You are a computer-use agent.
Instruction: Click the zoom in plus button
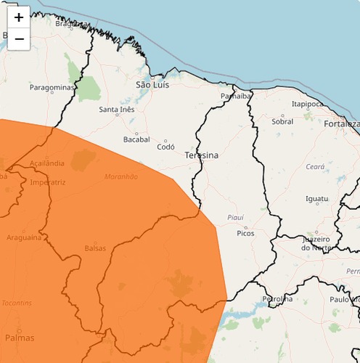pyautogui.click(x=19, y=17)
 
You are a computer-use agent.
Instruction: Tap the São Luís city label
pyautogui.click(x=152, y=85)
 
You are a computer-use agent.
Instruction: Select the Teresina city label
pyautogui.click(x=201, y=155)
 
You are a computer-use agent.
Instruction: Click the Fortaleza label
pyautogui.click(x=342, y=123)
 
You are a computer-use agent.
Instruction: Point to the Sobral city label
pyautogui.click(x=282, y=121)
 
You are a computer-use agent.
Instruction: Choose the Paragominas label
pyautogui.click(x=52, y=87)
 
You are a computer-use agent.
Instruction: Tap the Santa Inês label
pyautogui.click(x=117, y=110)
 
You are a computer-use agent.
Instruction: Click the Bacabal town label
pyautogui.click(x=136, y=139)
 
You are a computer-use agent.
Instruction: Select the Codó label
pyautogui.click(x=166, y=146)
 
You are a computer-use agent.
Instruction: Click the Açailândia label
pyautogui.click(x=47, y=163)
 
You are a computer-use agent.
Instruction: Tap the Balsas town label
pyautogui.click(x=95, y=248)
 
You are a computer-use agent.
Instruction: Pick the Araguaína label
pyautogui.click(x=24, y=237)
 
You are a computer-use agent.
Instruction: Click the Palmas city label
pyautogui.click(x=20, y=338)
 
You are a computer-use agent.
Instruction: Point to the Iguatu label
pyautogui.click(x=316, y=198)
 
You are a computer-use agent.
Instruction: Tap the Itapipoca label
pyautogui.click(x=307, y=104)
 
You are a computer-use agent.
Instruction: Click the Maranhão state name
pyautogui.click(x=120, y=176)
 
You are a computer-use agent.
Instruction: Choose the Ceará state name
pyautogui.click(x=315, y=166)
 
